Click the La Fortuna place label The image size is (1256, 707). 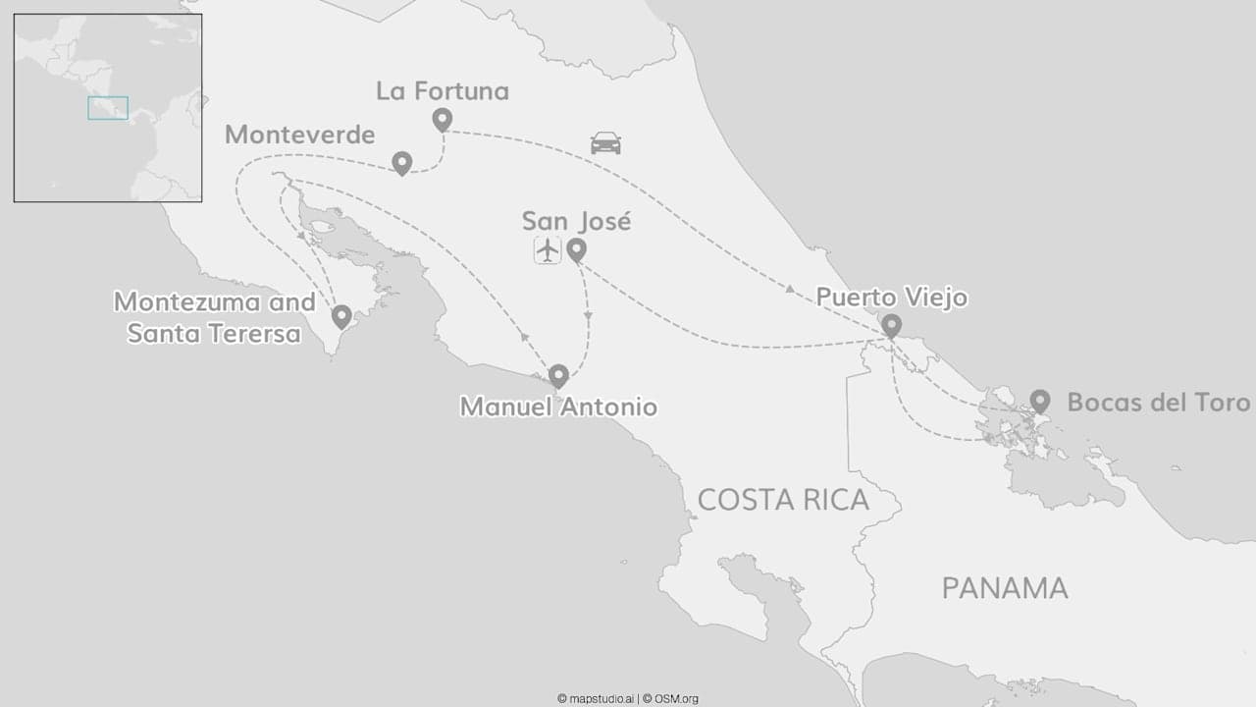tap(443, 91)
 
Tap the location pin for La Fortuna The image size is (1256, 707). tap(443, 119)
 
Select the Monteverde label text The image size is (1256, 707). tap(300, 135)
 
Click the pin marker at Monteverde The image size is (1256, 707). tap(401, 162)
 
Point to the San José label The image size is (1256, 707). tap(576, 221)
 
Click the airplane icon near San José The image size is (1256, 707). tap(548, 250)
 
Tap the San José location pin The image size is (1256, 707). tap(577, 249)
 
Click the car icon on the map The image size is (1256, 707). tap(605, 143)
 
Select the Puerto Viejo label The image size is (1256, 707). tap(892, 297)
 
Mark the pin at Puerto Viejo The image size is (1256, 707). tap(891, 325)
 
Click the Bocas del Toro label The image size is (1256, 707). tap(1159, 403)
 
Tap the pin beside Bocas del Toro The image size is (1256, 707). tap(1040, 400)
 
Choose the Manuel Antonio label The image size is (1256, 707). tap(558, 406)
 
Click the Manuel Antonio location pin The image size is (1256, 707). tap(558, 375)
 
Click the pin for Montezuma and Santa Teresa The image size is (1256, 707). tap(341, 316)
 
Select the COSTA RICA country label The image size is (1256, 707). tap(783, 500)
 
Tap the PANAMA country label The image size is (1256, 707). tap(1005, 588)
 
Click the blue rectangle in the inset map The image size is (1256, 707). tap(108, 108)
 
